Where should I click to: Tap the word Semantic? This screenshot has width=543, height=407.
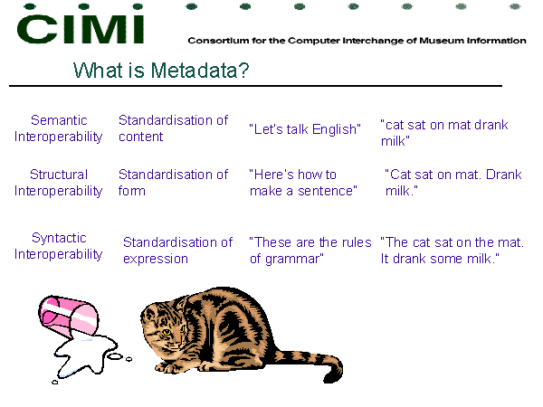point(59,120)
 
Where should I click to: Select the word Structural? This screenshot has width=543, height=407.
point(59,175)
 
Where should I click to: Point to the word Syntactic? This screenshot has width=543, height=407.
point(59,239)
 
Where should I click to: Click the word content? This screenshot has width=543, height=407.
point(140,137)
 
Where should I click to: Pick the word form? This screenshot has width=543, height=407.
point(131,191)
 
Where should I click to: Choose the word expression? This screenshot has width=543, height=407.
point(156,260)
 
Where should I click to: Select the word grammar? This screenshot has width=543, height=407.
point(294,260)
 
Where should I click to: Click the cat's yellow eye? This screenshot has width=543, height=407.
point(167,332)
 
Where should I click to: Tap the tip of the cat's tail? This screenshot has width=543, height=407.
point(329,381)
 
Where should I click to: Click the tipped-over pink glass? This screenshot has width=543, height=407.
point(69,316)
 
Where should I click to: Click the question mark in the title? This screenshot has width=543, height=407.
point(243,71)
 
